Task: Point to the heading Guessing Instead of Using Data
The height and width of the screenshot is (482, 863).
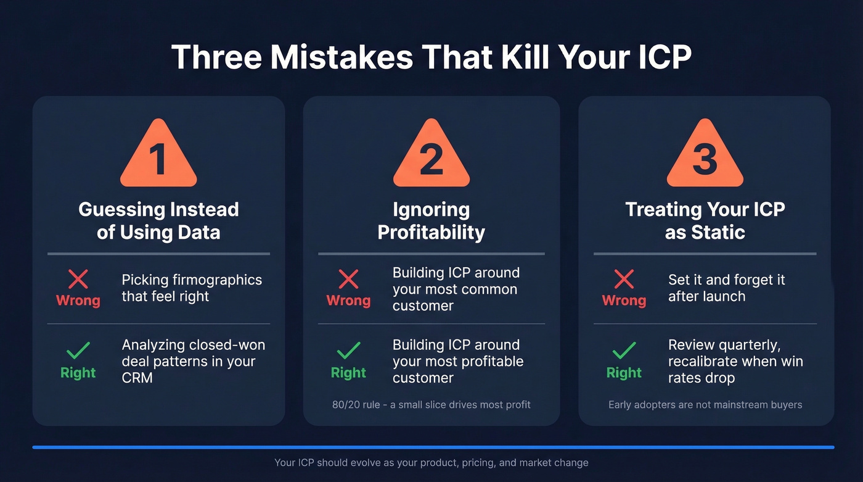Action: click(158, 220)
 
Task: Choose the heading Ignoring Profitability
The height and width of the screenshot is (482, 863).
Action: click(431, 220)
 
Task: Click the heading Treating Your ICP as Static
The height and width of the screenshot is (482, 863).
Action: click(705, 220)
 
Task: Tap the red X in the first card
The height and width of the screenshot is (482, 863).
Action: click(78, 280)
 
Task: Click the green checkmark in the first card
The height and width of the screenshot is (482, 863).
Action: click(78, 351)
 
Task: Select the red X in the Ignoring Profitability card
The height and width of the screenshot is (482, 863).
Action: click(348, 280)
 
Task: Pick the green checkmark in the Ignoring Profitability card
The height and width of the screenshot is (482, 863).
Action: click(348, 351)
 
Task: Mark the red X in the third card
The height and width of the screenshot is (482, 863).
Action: click(624, 280)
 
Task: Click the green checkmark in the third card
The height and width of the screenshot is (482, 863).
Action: click(624, 351)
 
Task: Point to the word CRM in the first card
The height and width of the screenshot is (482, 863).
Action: click(137, 378)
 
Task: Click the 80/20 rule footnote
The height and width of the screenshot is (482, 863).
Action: click(431, 405)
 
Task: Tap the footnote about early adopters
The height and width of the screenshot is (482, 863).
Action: click(705, 405)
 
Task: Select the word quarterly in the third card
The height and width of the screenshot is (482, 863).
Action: click(750, 345)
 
